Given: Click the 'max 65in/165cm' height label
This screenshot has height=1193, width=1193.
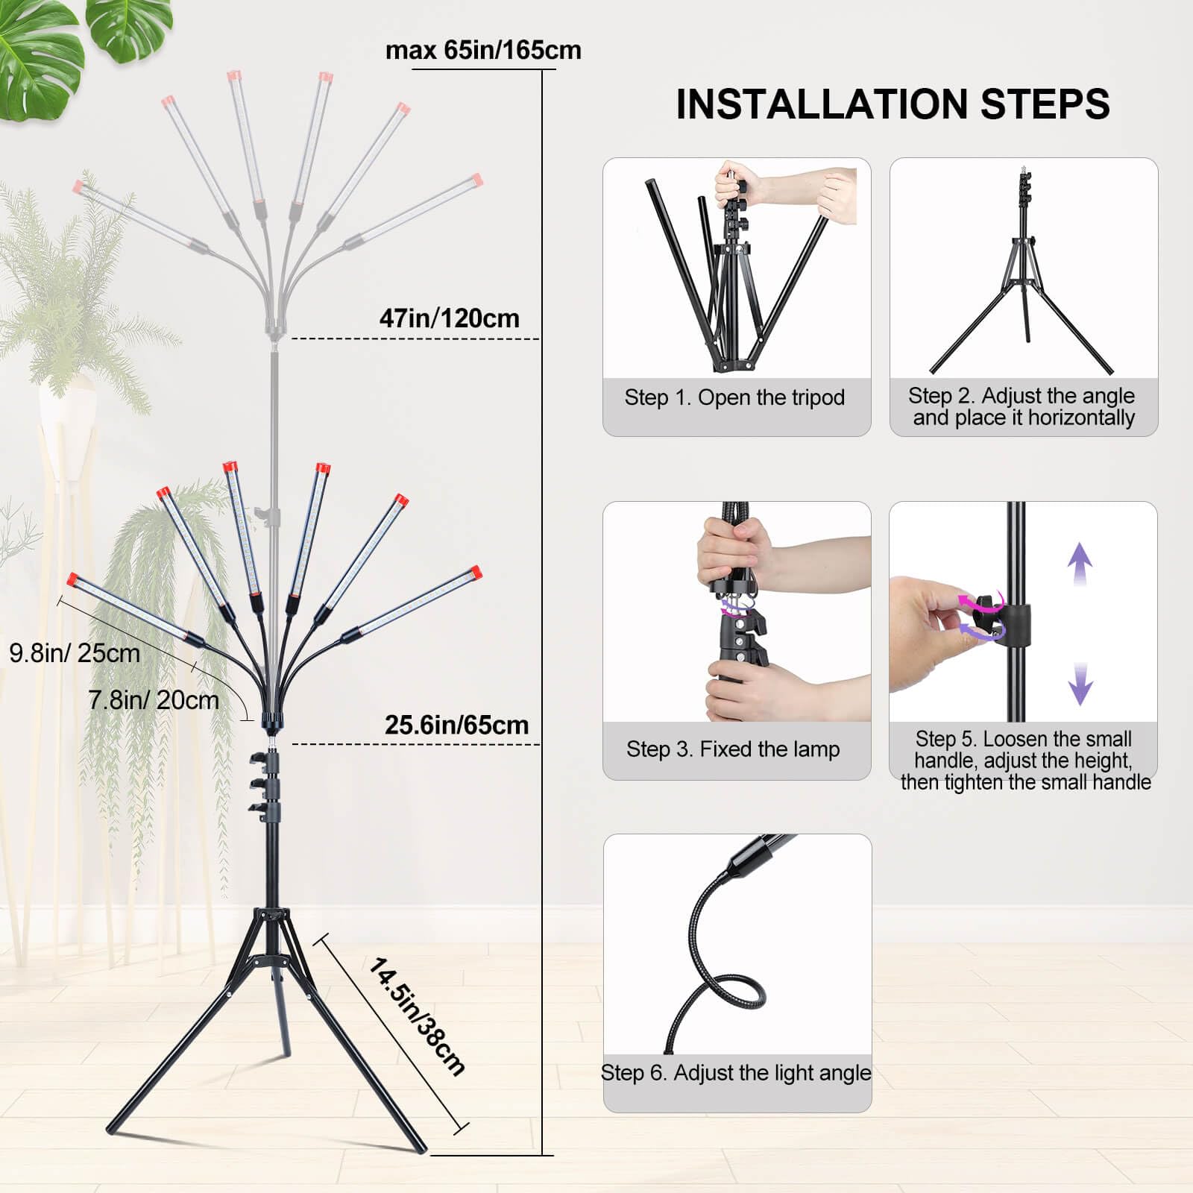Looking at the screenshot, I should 483,50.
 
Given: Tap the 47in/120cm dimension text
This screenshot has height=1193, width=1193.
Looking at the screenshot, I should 449,318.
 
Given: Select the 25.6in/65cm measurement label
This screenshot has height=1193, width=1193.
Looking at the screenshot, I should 456,725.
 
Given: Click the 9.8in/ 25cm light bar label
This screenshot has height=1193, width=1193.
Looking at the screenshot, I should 75,653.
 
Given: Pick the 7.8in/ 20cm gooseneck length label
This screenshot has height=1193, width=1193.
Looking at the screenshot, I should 154,700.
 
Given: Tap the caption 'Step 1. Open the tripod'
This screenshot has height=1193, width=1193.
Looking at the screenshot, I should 734,397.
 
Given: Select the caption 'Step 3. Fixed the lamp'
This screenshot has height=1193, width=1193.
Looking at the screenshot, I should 733,749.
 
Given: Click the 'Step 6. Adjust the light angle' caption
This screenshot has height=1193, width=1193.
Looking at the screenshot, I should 736,1072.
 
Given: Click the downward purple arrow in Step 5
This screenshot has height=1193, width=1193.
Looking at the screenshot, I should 1080,683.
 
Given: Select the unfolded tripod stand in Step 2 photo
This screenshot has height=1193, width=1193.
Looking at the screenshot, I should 1022,298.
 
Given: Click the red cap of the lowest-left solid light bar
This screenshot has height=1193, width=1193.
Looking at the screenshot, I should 72,579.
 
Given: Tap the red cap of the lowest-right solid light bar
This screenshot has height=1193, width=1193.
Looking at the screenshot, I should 476,573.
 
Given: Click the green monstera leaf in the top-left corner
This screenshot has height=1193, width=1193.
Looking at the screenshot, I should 37,60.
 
